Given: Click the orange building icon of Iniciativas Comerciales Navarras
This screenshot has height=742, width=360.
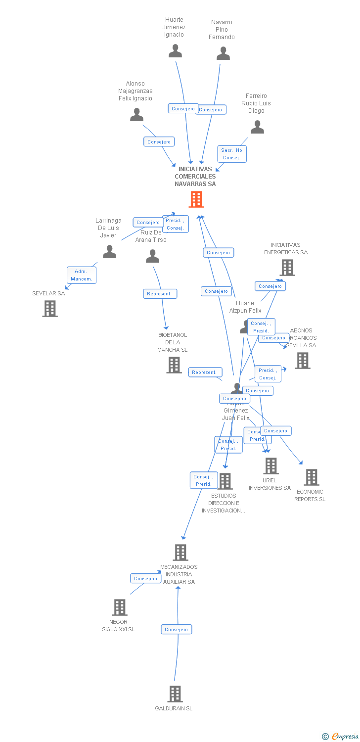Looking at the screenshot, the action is pyautogui.click(x=196, y=199).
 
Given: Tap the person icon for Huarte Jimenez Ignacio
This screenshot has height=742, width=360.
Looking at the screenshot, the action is pyautogui.click(x=175, y=51).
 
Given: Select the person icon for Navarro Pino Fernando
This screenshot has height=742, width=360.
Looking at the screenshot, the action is pyautogui.click(x=223, y=53).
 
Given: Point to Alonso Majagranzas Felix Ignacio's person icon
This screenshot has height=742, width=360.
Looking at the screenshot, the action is pyautogui.click(x=136, y=115).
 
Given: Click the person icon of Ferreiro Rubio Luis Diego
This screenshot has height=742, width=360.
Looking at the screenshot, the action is pyautogui.click(x=257, y=127).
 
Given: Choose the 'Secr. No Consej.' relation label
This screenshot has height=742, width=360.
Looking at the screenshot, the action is pyautogui.click(x=232, y=154).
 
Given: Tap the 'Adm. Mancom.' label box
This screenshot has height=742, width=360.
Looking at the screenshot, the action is pyautogui.click(x=82, y=275).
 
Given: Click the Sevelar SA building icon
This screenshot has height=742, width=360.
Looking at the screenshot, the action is pyautogui.click(x=49, y=309).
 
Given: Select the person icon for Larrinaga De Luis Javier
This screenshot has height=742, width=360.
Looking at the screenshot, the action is pyautogui.click(x=109, y=252).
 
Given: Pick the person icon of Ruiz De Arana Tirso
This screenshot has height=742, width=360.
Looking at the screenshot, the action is pyautogui.click(x=152, y=256).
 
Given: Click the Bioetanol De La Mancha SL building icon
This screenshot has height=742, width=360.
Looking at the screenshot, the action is pyautogui.click(x=174, y=365).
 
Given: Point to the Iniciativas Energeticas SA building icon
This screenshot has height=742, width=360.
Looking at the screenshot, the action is pyautogui.click(x=287, y=268).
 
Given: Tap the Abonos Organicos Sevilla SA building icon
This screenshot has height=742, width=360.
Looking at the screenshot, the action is pyautogui.click(x=303, y=361).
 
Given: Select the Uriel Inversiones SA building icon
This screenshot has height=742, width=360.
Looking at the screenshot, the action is pyautogui.click(x=270, y=466).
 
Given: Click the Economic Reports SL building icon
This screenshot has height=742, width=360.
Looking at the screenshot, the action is pyautogui.click(x=311, y=477).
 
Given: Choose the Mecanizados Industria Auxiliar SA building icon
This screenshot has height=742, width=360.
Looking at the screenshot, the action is pyautogui.click(x=180, y=553).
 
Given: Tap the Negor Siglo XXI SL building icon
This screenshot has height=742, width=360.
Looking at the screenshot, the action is pyautogui.click(x=120, y=607).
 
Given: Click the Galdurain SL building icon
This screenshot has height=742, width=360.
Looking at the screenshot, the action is pyautogui.click(x=175, y=694).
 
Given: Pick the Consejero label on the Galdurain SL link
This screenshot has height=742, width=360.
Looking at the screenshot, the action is pyautogui.click(x=176, y=629).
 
